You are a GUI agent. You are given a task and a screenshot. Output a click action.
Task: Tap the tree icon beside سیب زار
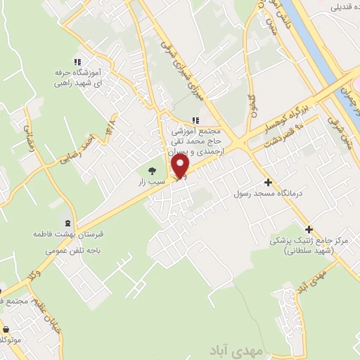151,170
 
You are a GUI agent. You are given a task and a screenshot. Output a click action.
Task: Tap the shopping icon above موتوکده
6,328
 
